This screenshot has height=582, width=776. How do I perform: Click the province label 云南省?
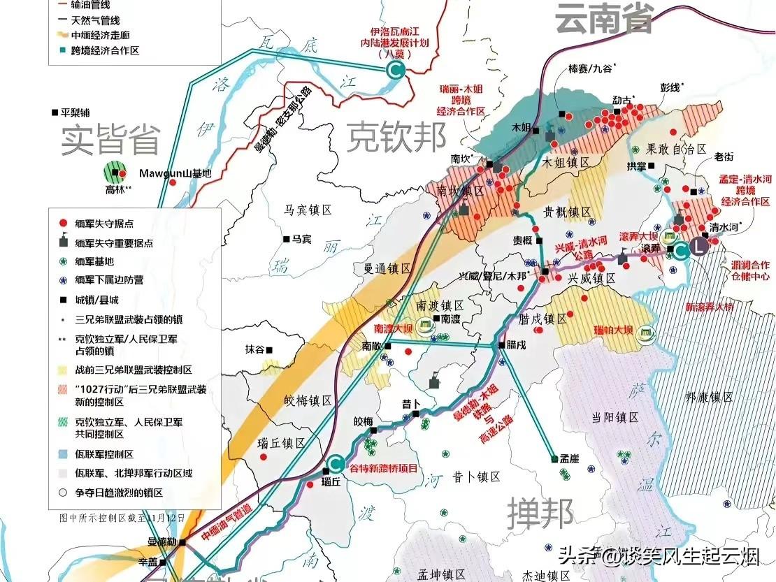point(604,17)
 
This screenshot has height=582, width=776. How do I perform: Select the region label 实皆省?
point(110,139)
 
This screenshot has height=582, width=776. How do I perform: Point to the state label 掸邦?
point(540,513)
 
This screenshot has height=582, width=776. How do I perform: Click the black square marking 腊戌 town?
point(502,345)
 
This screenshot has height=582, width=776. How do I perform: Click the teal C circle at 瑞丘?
point(336,463)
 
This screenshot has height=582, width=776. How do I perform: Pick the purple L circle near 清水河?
point(699,245)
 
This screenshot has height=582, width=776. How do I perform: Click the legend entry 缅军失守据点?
point(105,223)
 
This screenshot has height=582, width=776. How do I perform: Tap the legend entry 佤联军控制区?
point(104,454)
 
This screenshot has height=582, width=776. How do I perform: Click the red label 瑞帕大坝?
point(613,329)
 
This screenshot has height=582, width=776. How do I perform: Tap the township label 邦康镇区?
point(709,397)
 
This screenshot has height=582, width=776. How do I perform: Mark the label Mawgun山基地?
point(174,173)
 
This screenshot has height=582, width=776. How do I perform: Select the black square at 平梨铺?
point(55,112)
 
